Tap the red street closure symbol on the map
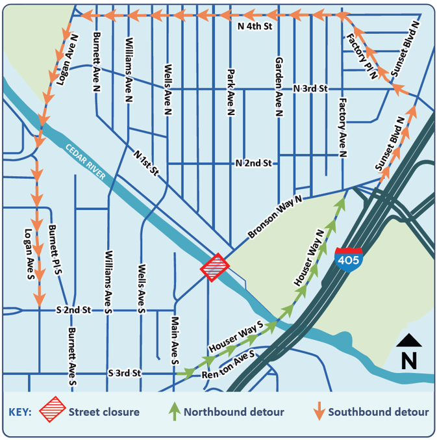[x=215, y=267]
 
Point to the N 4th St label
[x=254, y=27]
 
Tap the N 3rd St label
[x=311, y=88]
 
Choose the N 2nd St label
[x=253, y=164]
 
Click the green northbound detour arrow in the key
[x=173, y=411]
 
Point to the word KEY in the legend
[x=20, y=412]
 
